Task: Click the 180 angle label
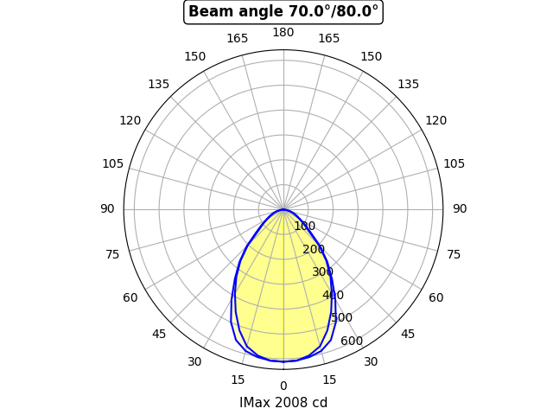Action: tap(283, 33)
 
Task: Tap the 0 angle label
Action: tap(283, 386)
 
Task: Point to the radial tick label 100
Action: tap(304, 227)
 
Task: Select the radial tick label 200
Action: tap(314, 250)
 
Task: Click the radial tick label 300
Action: tap(323, 272)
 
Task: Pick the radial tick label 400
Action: tap(333, 296)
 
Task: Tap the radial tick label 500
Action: tap(342, 318)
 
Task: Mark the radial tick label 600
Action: tap(352, 341)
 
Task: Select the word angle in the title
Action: tap(251, 12)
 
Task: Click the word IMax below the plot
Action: tap(255, 403)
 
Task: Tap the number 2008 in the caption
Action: tap(291, 403)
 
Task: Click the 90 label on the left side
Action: tap(107, 208)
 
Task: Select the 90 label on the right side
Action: tap(460, 208)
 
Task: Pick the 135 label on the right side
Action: tap(409, 84)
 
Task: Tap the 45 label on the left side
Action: tap(159, 335)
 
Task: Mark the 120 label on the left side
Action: tap(130, 120)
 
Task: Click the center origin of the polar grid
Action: tap(283, 209)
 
